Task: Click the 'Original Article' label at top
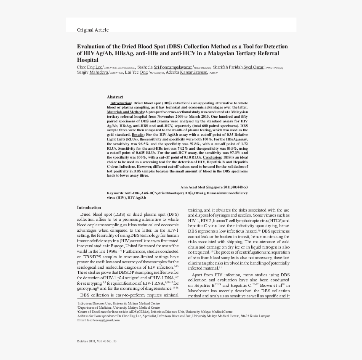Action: pyautogui.click(x=93, y=30)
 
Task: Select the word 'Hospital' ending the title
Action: pyautogui.click(x=88, y=60)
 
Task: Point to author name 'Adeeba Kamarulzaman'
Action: pyautogui.click(x=187, y=72)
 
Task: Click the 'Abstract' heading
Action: pyautogui.click(x=115, y=97)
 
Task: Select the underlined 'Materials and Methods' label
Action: pyautogui.click(x=125, y=112)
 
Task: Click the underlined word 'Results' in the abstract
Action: pyautogui.click(x=138, y=135)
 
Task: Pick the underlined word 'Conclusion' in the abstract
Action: pyautogui.click(x=213, y=157)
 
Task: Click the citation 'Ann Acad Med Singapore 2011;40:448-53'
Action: pyautogui.click(x=214, y=187)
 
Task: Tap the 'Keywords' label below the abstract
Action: pyautogui.click(x=115, y=193)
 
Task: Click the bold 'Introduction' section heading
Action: pyautogui.click(x=89, y=208)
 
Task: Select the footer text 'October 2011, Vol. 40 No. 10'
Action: pyautogui.click(x=96, y=341)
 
